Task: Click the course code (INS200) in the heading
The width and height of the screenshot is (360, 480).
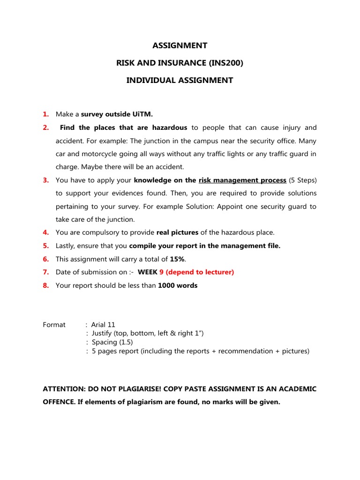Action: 221,63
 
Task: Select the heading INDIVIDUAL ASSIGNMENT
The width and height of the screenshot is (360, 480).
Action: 180,80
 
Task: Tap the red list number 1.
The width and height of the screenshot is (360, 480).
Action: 46,114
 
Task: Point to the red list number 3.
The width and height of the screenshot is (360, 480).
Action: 46,180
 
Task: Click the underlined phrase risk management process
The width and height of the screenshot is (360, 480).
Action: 242,180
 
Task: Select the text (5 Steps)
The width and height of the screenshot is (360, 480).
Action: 303,180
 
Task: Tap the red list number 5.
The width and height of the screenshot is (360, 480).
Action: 46,246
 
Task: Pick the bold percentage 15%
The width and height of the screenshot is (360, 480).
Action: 171,259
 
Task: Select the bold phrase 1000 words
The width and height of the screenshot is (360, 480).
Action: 178,285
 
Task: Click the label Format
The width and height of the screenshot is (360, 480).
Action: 54,324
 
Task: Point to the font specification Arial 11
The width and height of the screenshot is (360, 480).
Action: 103,324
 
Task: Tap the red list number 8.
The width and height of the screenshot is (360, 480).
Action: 46,285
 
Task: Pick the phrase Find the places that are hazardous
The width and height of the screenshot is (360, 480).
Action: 124,127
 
